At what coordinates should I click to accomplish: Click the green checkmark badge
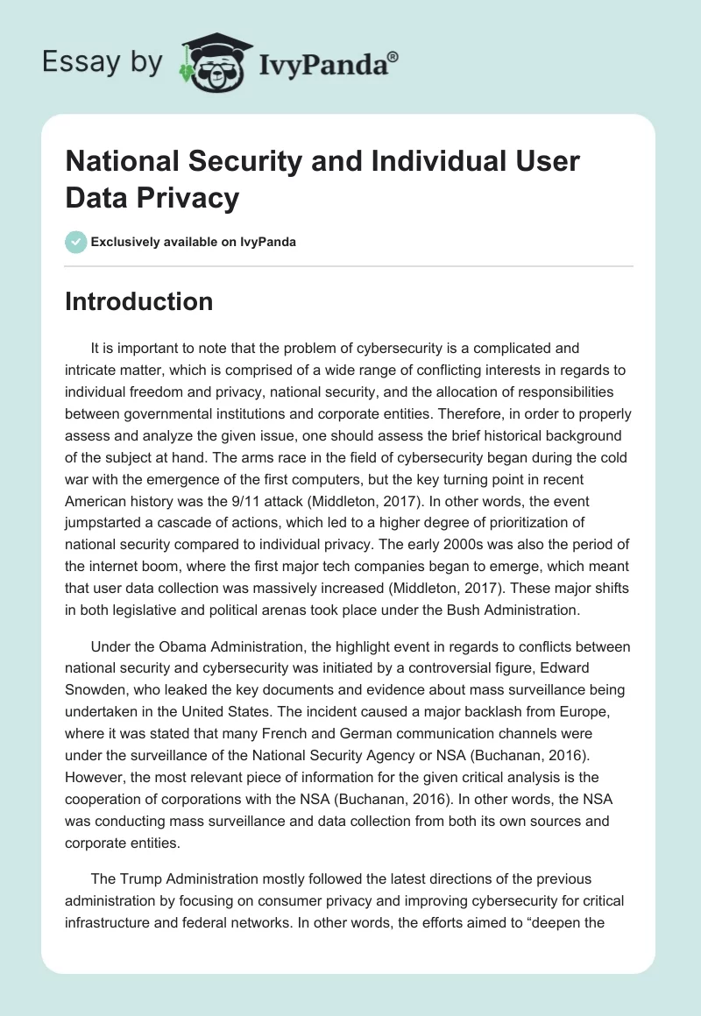76,242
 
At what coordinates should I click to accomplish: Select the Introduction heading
139,301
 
